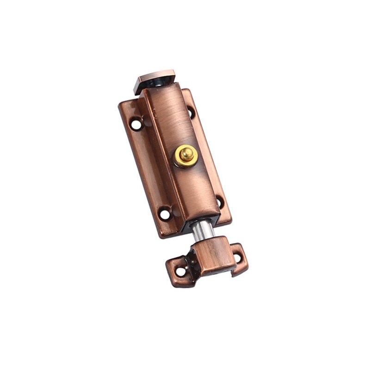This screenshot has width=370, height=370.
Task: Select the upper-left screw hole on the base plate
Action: (136, 124)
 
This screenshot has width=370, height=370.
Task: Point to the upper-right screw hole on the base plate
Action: (190, 112)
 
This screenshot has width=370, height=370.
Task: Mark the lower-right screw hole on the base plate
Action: (219, 201)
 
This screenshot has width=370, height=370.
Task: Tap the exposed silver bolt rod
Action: (202, 230)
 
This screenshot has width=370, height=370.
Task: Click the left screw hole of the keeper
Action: (181, 271)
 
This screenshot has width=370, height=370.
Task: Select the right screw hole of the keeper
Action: (237, 256)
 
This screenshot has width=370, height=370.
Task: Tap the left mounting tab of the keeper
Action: (179, 271)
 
